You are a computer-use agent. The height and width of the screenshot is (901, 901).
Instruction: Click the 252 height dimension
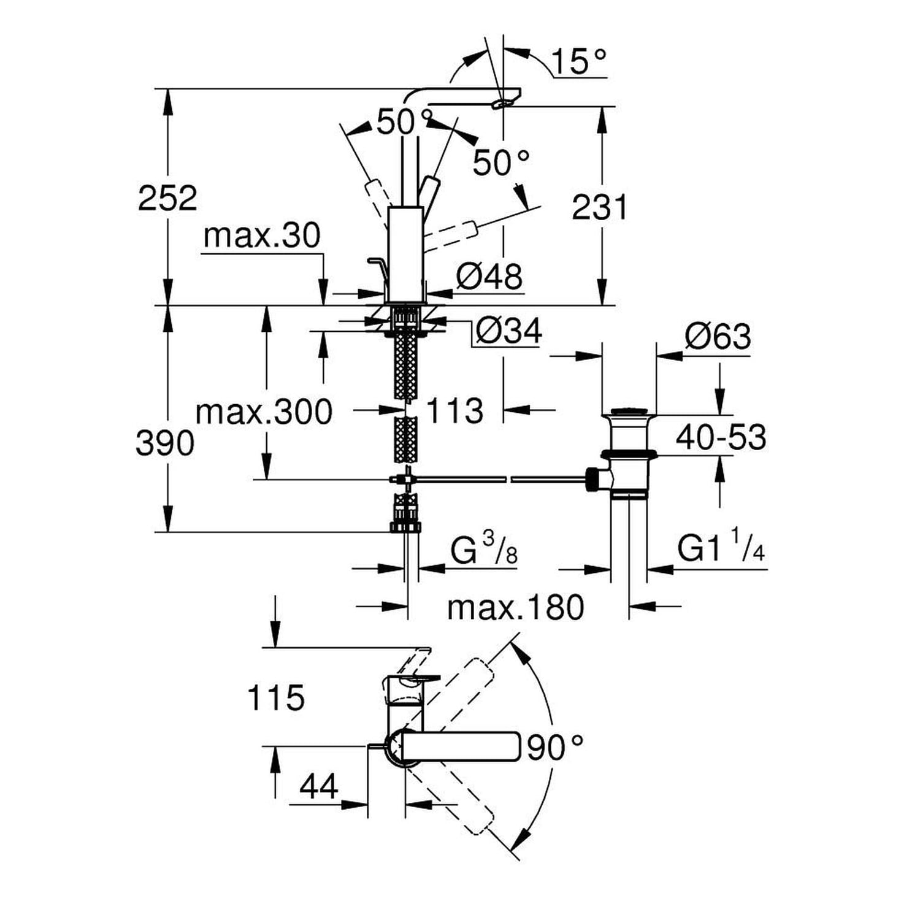tap(167, 198)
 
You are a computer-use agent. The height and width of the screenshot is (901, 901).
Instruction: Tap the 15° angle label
tap(578, 61)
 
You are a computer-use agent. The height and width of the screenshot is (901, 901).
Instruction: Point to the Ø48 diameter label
tap(489, 277)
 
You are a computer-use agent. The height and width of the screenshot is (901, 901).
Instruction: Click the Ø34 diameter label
tap(508, 332)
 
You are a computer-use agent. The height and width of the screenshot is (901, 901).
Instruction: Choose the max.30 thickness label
tap(262, 236)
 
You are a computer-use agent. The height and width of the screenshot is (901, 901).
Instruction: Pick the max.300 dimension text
tap(264, 412)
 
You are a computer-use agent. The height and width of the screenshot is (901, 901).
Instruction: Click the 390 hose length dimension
tap(164, 443)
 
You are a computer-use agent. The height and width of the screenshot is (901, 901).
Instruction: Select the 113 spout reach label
tap(454, 410)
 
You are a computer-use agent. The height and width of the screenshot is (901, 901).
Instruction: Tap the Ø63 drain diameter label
tap(718, 337)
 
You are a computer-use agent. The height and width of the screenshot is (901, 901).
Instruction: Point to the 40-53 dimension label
tap(721, 438)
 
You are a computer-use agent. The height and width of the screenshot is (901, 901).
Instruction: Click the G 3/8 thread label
tap(484, 550)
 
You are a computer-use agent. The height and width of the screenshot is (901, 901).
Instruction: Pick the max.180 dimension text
tap(515, 608)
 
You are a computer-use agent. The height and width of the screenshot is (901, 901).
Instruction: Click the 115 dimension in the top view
tap(275, 698)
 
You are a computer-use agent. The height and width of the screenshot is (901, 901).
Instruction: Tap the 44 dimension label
tap(319, 787)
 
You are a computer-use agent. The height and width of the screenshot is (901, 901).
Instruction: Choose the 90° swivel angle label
tap(555, 746)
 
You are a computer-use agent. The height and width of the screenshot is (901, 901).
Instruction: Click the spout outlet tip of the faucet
tap(508, 102)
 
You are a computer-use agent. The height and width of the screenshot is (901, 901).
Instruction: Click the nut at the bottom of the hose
tap(405, 526)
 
